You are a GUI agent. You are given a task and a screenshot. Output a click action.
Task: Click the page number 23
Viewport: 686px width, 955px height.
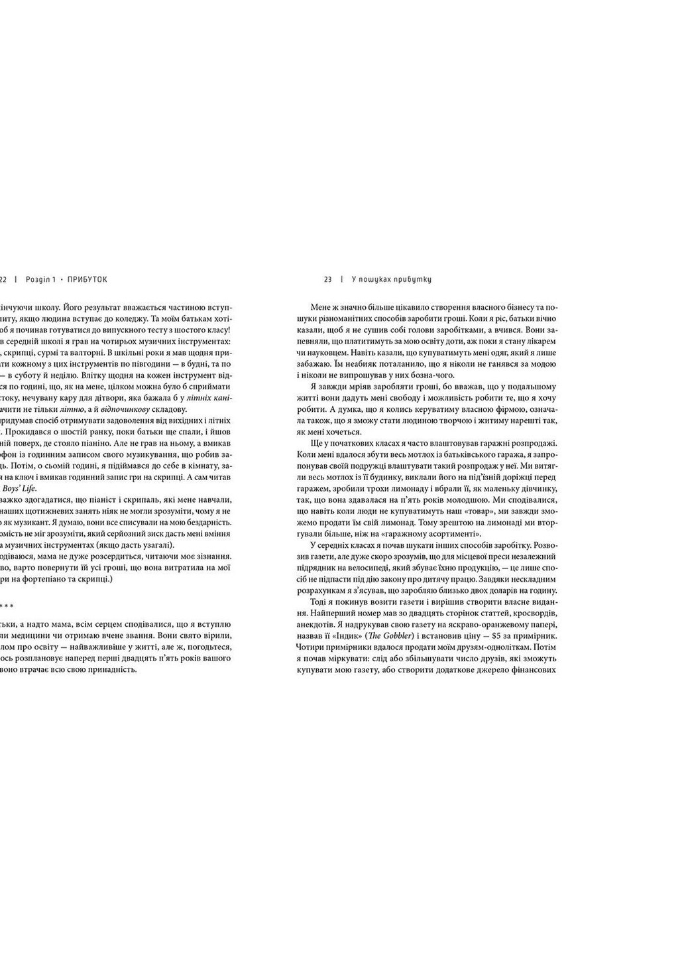[x=327, y=279]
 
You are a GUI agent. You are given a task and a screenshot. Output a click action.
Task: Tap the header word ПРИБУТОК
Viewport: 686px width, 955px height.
[x=87, y=279]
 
